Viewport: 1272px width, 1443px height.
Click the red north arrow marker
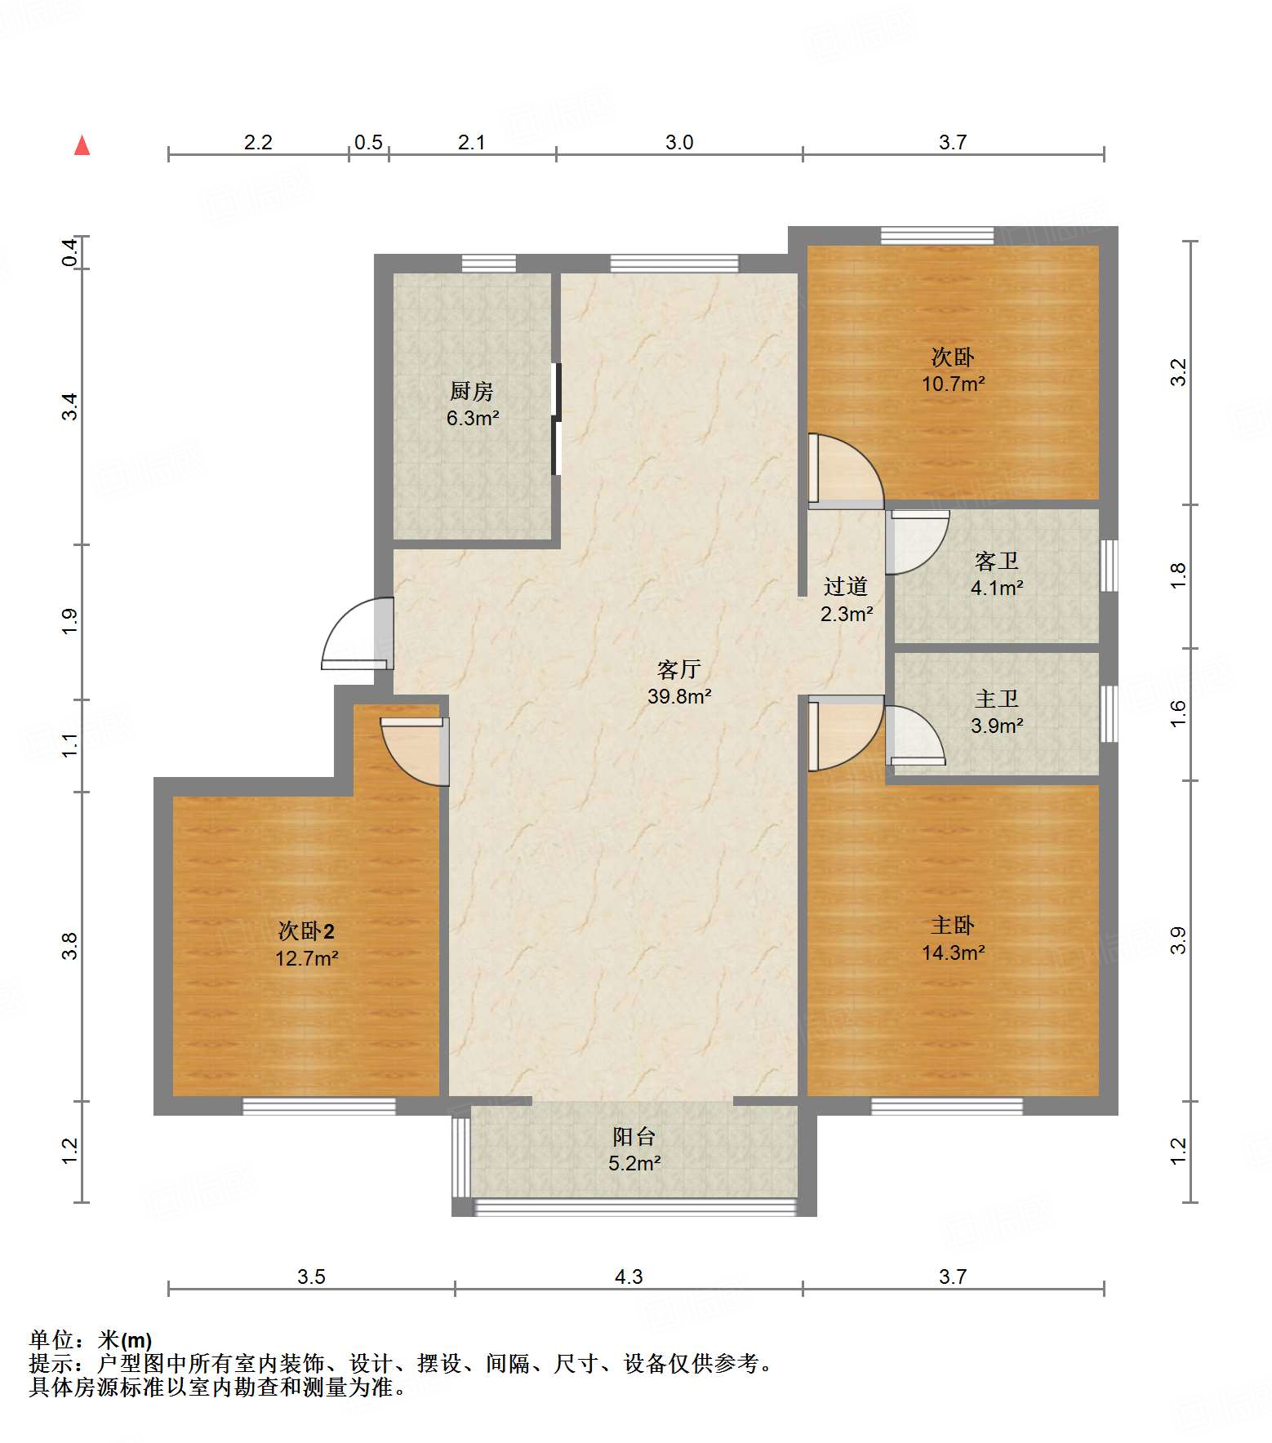tap(82, 145)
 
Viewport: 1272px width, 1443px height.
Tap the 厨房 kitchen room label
tap(472, 392)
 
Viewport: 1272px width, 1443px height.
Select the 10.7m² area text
tap(953, 384)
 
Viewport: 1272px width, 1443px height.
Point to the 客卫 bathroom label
tap(997, 562)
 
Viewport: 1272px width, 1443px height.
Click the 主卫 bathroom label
tap(997, 699)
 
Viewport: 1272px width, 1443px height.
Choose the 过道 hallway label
tap(846, 587)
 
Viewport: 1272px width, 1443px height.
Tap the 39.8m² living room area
tap(679, 697)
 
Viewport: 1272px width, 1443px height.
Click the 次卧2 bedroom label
tap(306, 931)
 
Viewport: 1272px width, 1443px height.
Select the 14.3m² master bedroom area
tap(953, 952)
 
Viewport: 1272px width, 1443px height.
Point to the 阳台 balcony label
tap(634, 1137)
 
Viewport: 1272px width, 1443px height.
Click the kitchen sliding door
tap(557, 419)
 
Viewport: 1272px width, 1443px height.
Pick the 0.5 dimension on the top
tap(368, 143)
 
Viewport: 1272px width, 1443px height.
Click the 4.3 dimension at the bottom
tap(629, 1277)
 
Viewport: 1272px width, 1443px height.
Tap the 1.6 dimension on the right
tap(1178, 714)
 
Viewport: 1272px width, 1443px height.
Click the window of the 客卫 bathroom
tap(1108, 565)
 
